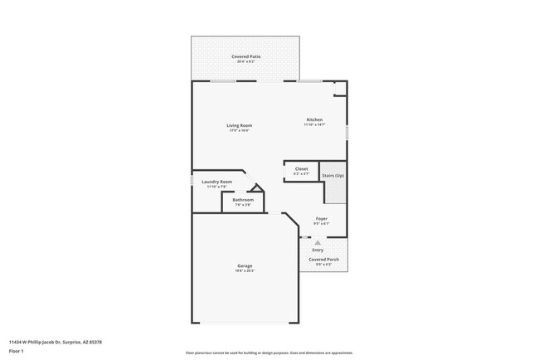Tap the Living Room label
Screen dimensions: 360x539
click(238, 125)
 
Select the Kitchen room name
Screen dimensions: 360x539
click(314, 120)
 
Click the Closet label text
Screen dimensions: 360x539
click(301, 169)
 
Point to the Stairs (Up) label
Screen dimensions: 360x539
click(333, 177)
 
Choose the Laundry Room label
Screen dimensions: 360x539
click(216, 182)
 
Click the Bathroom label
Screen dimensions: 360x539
click(243, 200)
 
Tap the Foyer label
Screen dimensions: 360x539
click(321, 219)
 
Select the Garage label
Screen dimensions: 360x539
click(245, 265)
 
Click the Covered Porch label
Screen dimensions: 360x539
click(323, 260)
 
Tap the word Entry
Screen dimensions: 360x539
click(318, 250)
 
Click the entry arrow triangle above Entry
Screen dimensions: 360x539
click(318, 243)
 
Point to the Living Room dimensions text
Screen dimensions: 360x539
click(238, 130)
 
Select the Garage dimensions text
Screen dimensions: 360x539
click(245, 270)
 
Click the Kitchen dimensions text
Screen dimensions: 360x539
click(314, 125)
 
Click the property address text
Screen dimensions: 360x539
click(56, 341)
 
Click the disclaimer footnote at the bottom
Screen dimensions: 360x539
click(269, 353)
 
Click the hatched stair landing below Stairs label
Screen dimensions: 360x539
click(334, 192)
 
